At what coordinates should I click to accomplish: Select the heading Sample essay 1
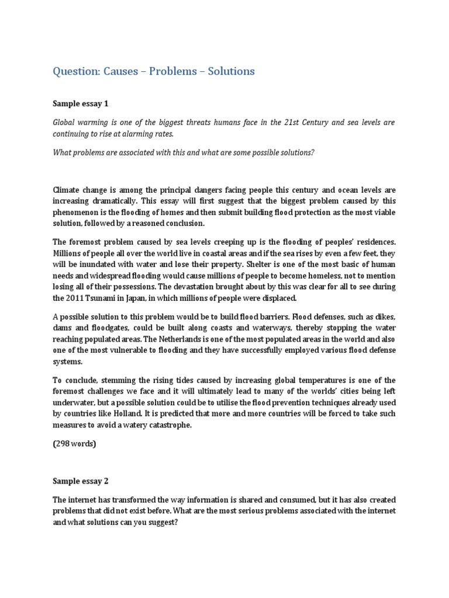click(x=81, y=103)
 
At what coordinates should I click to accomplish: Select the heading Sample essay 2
click(x=81, y=481)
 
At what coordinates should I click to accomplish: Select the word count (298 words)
click(x=74, y=444)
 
